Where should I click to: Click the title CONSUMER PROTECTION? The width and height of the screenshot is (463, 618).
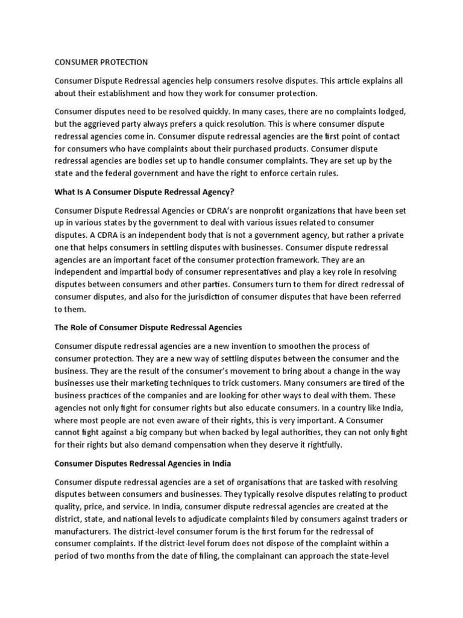tap(101, 62)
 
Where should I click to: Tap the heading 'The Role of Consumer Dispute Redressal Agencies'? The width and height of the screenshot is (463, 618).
tap(148, 327)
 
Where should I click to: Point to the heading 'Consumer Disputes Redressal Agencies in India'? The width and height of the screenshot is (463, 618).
tap(143, 464)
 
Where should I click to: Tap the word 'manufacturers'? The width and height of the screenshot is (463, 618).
tap(82, 531)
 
